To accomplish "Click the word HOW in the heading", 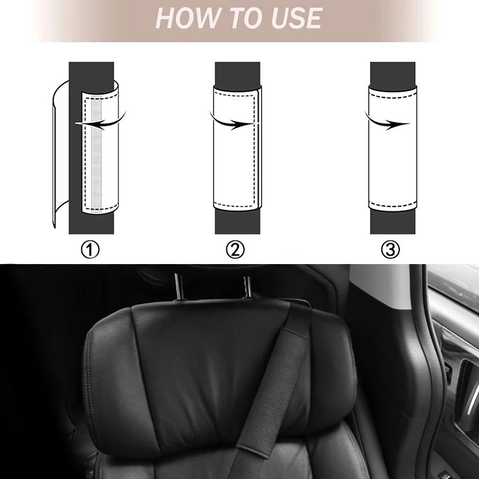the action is point(188,18).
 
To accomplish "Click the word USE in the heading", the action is point(296,18).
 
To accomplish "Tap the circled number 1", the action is point(90,249).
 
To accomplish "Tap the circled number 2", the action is point(235,249).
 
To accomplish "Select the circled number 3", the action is point(390,249).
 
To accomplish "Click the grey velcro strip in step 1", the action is point(96,154).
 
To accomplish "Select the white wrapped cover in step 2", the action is point(237,148).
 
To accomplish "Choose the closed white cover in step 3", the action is point(393,148).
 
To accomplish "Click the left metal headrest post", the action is point(178,286).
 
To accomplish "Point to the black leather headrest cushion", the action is point(220,379).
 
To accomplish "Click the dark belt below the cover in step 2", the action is point(237,222).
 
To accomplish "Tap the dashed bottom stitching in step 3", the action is point(393,204).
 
